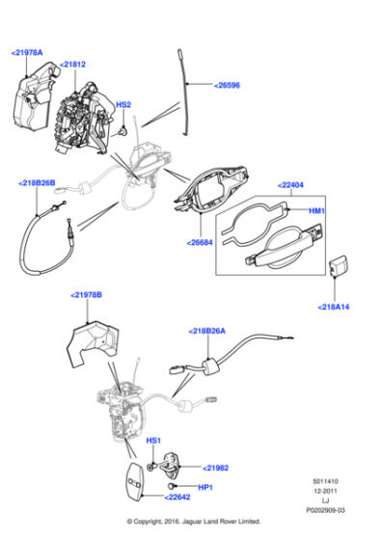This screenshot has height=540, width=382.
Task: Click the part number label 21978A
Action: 27,54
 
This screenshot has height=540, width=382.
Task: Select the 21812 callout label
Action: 73,65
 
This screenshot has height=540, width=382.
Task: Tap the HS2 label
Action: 123,104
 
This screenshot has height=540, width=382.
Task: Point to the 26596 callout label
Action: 230,84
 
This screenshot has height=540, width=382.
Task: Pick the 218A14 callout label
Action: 335,308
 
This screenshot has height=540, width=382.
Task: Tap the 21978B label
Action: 86,294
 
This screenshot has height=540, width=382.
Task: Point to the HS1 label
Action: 152,441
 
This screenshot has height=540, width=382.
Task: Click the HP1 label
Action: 205,488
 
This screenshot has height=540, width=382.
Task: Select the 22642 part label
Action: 177,498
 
